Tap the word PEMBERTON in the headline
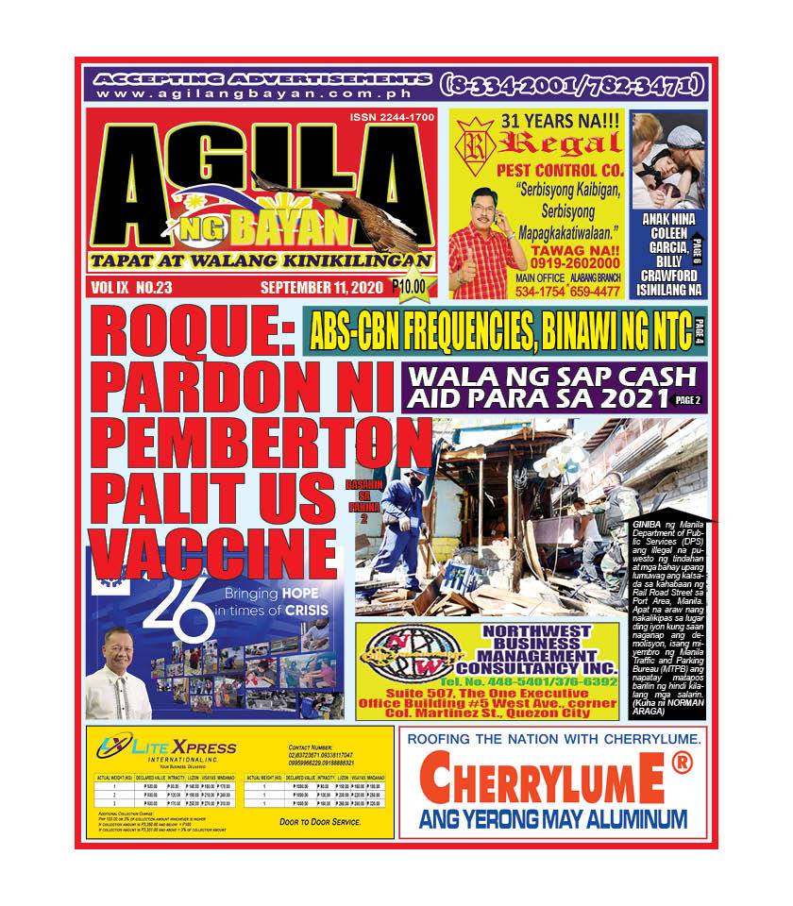pyautogui.click(x=260, y=441)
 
